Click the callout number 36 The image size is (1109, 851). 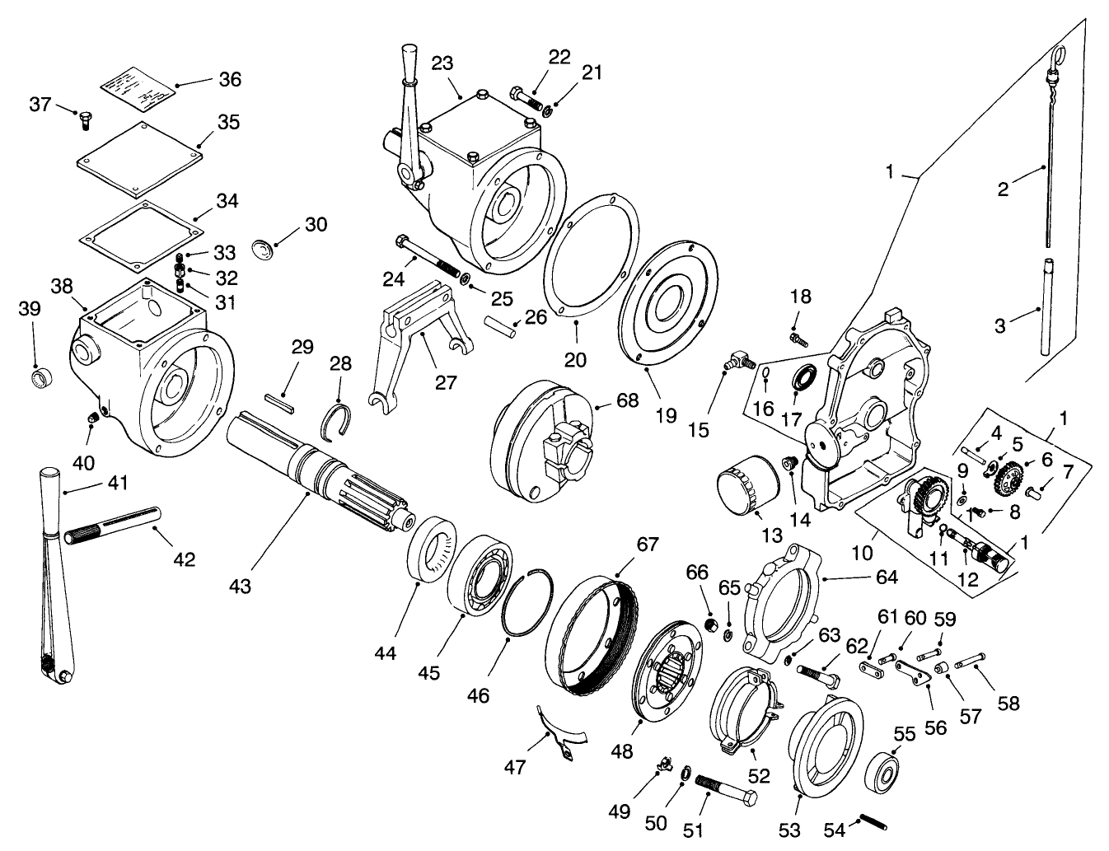point(229,79)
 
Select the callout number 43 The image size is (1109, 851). point(240,586)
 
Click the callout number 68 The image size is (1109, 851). point(627,400)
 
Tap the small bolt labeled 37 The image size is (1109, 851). point(83,120)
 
